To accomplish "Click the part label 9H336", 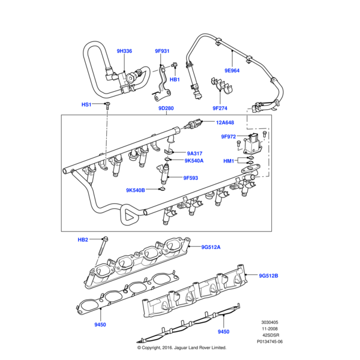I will click(x=125, y=51).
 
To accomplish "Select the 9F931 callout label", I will click(x=162, y=51).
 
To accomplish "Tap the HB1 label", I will click(x=175, y=79).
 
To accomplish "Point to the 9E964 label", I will click(x=232, y=70).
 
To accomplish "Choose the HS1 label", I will click(x=87, y=104).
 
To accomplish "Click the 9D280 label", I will click(x=166, y=109).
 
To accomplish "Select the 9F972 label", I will click(x=229, y=137).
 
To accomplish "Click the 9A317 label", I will click(x=195, y=152).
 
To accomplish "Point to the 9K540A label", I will click(x=194, y=161).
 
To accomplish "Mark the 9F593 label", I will click(x=191, y=178).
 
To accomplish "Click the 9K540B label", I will click(x=136, y=190).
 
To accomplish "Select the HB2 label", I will click(x=83, y=239).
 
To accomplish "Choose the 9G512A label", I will click(x=211, y=247).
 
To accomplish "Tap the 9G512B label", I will click(x=268, y=276).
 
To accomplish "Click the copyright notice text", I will click(x=181, y=347).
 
